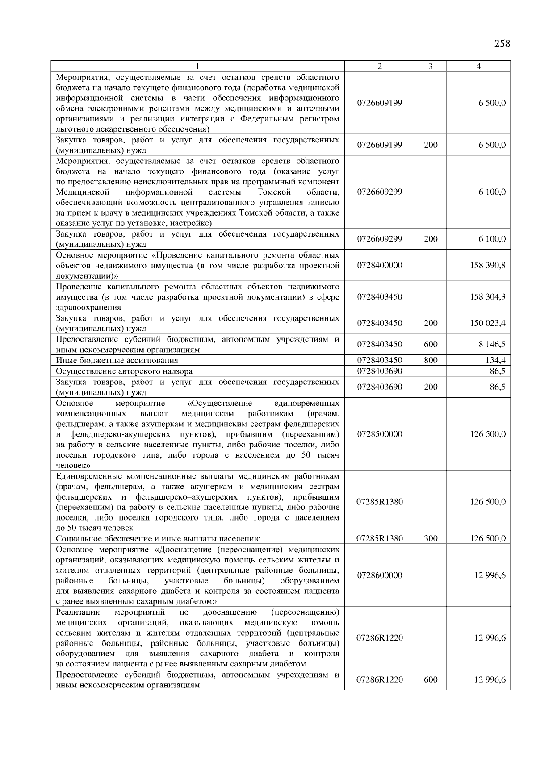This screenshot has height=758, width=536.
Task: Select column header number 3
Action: tap(430, 67)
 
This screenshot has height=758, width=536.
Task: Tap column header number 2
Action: tap(379, 67)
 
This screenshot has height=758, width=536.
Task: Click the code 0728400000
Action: tap(379, 266)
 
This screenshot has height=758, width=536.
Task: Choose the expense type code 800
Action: tap(431, 360)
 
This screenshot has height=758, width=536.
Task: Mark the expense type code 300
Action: tap(431, 539)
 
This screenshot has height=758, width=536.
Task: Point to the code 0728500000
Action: tap(379, 434)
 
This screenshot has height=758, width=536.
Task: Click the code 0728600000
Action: tap(379, 575)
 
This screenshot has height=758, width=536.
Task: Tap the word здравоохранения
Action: tap(88, 308)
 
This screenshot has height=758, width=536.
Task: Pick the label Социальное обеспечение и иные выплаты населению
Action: tap(158, 539)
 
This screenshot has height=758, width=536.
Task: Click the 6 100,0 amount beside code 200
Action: tap(492, 239)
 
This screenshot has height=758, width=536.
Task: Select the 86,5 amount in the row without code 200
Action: tap(498, 371)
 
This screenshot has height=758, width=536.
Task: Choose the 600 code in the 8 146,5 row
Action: tap(431, 344)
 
